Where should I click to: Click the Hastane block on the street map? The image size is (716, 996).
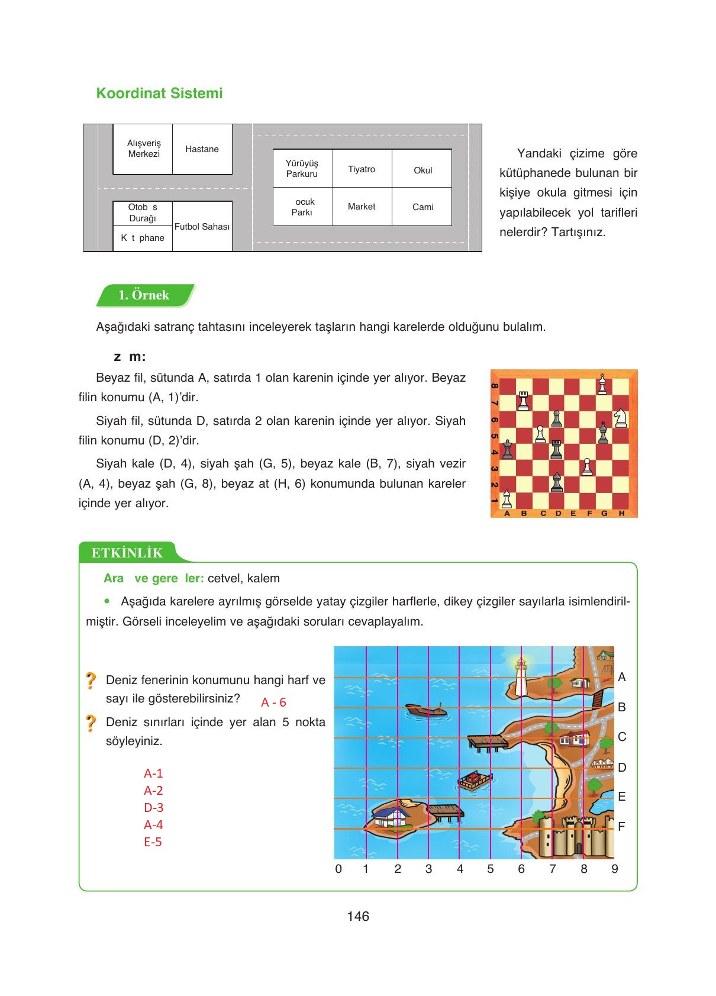202,149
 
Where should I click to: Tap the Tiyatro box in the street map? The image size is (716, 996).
362,169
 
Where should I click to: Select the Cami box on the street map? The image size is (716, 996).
422,207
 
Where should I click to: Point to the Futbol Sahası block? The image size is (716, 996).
202,227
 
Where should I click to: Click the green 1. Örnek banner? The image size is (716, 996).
144,295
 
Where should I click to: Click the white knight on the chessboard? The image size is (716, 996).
620,417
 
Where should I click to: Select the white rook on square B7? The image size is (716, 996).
523,401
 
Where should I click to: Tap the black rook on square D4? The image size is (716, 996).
556,450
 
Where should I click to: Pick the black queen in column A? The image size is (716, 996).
507,450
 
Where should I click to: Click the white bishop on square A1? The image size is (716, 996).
507,499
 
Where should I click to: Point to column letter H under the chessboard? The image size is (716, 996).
621,513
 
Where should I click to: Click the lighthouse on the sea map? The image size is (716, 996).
521,678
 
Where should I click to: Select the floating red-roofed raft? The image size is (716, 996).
475,781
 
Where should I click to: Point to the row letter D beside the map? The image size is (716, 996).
622,768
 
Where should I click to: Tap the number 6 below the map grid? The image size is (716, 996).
521,869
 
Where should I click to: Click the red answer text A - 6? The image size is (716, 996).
273,702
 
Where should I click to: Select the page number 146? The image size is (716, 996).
358,916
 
